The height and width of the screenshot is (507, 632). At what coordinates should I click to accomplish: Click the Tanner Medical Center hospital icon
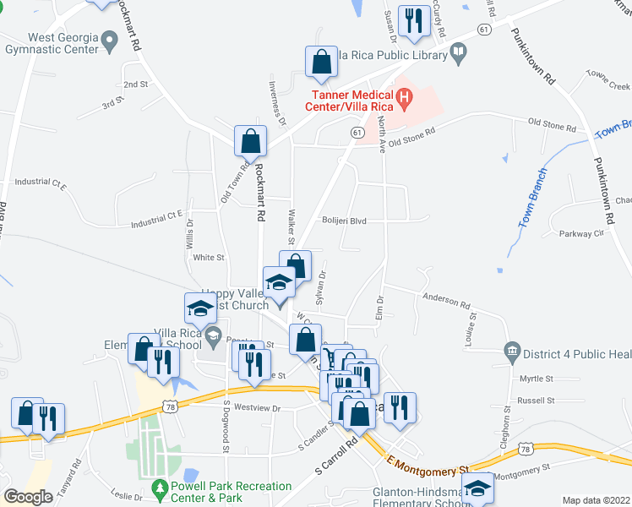(x=404, y=98)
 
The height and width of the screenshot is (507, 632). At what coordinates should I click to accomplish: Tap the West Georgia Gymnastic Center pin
(x=108, y=40)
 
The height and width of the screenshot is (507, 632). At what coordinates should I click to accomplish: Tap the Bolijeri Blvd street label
(x=344, y=221)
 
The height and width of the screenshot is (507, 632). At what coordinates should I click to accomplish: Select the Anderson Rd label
(x=446, y=300)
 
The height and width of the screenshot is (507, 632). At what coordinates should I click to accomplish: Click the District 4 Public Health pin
(x=510, y=350)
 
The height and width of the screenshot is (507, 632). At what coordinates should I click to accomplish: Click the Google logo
(x=28, y=497)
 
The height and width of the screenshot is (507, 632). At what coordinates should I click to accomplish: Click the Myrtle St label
(x=536, y=379)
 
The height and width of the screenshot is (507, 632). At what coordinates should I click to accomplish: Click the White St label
(x=208, y=257)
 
